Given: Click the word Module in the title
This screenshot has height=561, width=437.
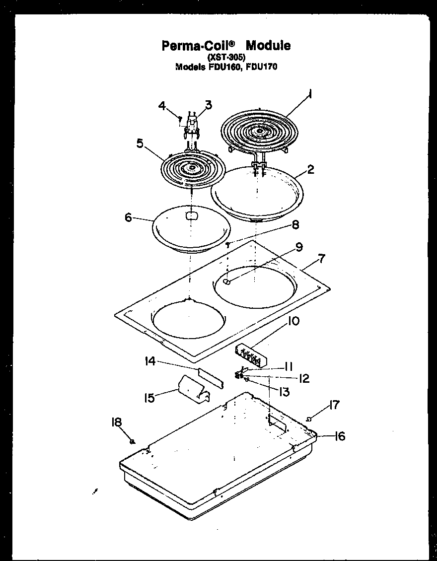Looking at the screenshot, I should tap(268, 46).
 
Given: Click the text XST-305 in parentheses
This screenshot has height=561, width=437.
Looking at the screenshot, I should tap(226, 57).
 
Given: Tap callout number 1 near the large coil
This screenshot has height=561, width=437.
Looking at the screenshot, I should tap(310, 94).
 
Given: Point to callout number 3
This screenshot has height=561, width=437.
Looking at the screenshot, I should tap(208, 105).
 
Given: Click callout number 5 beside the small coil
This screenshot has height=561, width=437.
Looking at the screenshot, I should tap(141, 144).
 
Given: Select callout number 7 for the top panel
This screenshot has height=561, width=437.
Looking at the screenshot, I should tap(321, 258).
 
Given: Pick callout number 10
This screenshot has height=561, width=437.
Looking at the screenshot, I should tap(293, 321).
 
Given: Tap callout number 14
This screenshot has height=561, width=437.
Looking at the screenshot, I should tap(150, 362).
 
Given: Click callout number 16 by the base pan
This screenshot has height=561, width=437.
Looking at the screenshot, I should tap(339, 436).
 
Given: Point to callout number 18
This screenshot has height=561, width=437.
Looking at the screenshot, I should tap(116, 422).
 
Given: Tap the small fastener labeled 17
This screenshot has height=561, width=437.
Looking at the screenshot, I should tap(309, 420).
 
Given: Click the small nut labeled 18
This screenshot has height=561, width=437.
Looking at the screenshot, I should tap(132, 441).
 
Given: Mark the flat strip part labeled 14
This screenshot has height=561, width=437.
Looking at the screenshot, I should tap(211, 377).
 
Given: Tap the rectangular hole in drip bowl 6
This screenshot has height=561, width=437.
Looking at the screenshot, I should tap(191, 215).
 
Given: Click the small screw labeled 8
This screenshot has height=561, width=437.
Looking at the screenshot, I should tap(227, 244).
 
